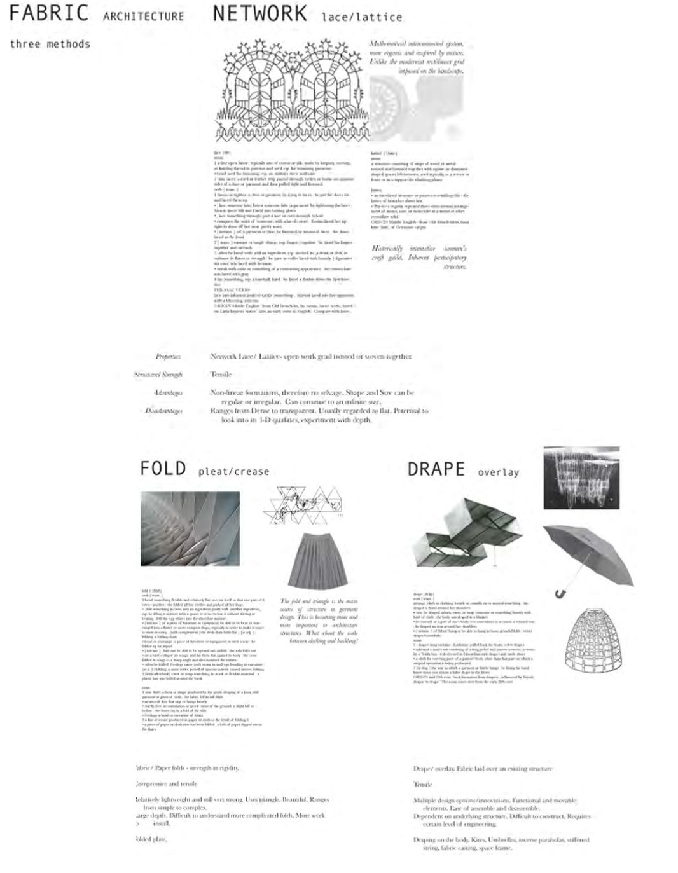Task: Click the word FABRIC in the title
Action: (x=48, y=13)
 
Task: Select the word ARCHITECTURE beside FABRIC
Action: (x=143, y=17)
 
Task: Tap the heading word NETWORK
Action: (x=259, y=13)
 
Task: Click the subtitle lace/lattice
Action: (x=361, y=17)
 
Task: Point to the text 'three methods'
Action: (x=50, y=44)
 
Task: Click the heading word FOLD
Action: (x=163, y=469)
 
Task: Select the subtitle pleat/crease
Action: (x=233, y=471)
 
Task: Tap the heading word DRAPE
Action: (x=436, y=469)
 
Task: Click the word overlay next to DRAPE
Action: (x=498, y=472)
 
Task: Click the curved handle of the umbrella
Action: (x=560, y=594)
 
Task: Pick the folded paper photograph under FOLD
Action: (x=190, y=528)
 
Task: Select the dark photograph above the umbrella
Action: (x=581, y=478)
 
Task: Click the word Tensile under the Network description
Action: (x=221, y=375)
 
